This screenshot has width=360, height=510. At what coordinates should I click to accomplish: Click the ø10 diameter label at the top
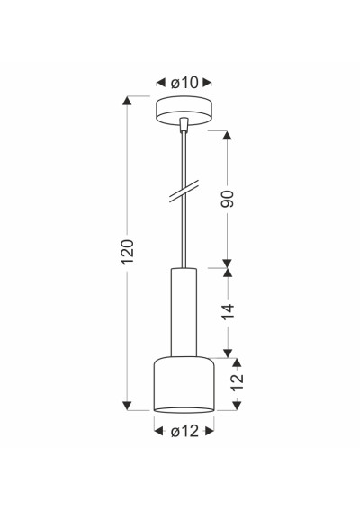tap(184, 83)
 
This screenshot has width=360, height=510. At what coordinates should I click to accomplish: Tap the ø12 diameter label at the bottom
tap(184, 431)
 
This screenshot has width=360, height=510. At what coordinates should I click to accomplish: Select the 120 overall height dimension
tap(127, 252)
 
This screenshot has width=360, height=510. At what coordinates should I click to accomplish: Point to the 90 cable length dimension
tap(227, 199)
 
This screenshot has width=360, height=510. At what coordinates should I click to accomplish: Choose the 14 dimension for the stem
tap(229, 312)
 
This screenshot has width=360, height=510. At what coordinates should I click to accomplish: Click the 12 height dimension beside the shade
tap(238, 381)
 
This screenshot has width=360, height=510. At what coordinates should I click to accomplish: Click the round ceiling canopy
tap(184, 111)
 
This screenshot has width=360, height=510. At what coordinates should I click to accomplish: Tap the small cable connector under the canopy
tap(184, 125)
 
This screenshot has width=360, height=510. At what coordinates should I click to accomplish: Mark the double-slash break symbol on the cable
tap(184, 192)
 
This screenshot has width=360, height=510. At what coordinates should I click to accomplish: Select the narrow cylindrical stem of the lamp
tap(184, 312)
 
